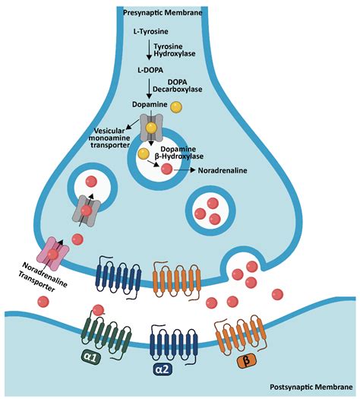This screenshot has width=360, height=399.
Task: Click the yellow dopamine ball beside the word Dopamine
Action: (176, 107)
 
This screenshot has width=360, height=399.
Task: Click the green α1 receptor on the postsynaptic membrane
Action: (102, 329)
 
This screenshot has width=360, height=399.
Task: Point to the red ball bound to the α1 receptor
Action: (97, 309)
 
